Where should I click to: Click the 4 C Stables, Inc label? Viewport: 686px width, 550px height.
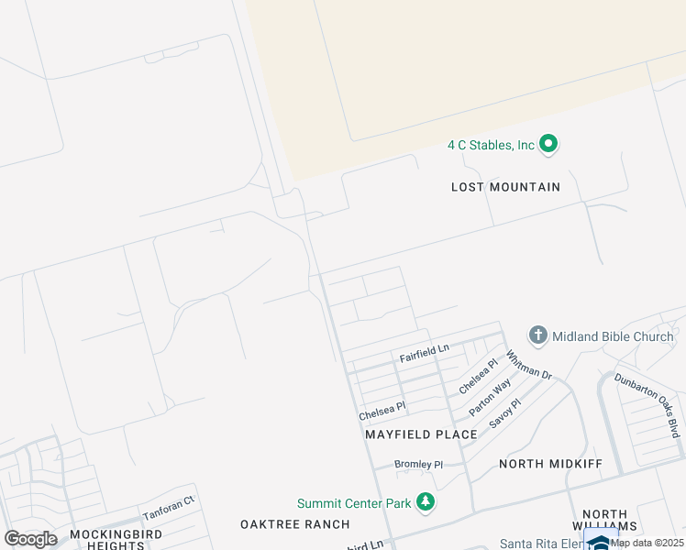pos(491,145)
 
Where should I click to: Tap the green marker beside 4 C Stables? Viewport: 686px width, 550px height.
pos(548,144)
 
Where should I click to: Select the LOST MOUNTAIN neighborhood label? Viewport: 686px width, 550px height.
pos(505,187)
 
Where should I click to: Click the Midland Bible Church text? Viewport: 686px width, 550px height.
pos(613,336)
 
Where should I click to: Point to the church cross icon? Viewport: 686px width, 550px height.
pos(538,336)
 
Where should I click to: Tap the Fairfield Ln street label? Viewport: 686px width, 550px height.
pos(424,349)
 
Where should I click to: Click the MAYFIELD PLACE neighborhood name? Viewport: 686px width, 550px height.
pos(421,434)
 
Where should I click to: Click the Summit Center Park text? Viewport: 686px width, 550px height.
pos(353,503)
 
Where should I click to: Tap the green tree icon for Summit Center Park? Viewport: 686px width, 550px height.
pos(425,502)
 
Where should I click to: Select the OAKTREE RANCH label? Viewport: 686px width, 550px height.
pos(294,524)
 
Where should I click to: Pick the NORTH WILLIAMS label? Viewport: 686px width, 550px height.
pos(605,521)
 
